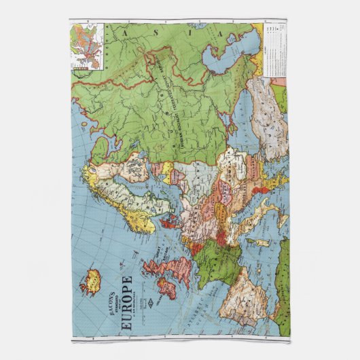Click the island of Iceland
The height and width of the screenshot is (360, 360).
93,278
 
